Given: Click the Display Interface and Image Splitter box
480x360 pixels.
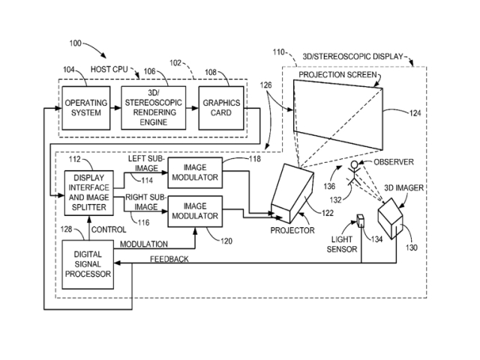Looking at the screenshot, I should (x=88, y=192).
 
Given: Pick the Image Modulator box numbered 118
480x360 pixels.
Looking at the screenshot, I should (x=194, y=172).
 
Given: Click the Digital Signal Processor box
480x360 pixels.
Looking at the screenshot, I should (x=88, y=264).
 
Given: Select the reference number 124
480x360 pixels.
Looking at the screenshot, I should (x=415, y=113).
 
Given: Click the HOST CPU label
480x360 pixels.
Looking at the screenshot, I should (x=110, y=69).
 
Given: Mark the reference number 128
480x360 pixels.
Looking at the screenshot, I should (x=69, y=229).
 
